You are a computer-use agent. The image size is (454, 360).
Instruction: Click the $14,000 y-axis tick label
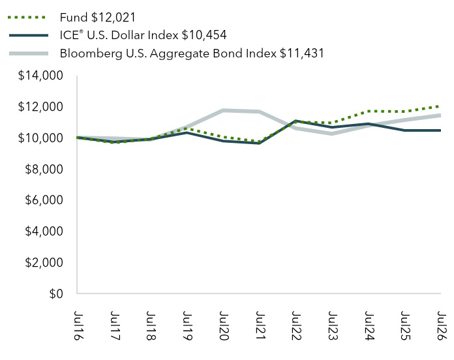click(x=40, y=76)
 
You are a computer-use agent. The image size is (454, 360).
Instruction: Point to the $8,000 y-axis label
click(x=44, y=170)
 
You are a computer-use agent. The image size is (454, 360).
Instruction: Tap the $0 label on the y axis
click(x=56, y=293)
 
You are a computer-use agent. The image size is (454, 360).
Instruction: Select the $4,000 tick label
click(x=44, y=232)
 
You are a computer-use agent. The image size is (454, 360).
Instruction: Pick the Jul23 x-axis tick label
click(x=332, y=325)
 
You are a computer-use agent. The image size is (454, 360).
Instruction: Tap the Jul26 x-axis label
click(x=441, y=325)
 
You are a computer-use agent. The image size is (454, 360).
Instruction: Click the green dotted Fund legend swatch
click(x=27, y=18)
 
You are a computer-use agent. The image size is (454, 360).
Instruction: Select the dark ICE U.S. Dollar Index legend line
click(x=29, y=35)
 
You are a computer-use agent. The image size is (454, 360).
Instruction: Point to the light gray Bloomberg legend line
click(x=29, y=53)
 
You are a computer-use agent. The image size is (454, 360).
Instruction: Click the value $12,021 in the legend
click(x=113, y=18)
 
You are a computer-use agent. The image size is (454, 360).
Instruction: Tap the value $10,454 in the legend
click(x=204, y=35)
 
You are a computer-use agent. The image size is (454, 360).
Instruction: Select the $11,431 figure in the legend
click(x=302, y=53)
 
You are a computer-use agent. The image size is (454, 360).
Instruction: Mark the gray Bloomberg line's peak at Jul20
click(x=222, y=110)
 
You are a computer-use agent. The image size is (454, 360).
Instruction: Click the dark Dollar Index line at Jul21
click(x=259, y=143)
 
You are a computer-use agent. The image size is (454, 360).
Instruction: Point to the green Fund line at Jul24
click(x=369, y=111)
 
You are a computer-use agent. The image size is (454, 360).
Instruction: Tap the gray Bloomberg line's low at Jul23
click(x=332, y=134)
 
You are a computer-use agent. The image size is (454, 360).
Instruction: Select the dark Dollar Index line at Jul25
click(x=405, y=130)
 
